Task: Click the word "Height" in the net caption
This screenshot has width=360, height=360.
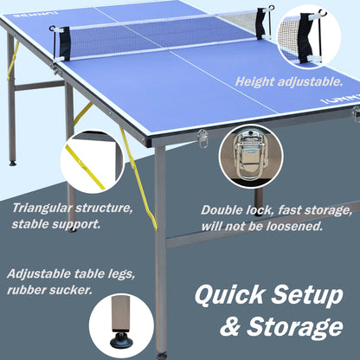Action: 259,81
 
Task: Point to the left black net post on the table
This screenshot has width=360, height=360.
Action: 64,42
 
